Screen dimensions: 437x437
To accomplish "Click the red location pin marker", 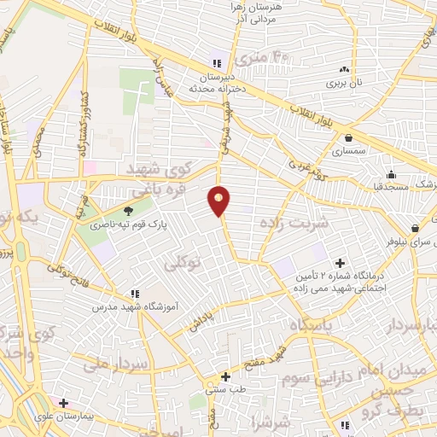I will [x=219, y=201].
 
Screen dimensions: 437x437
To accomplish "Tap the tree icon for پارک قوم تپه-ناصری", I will [x=128, y=212].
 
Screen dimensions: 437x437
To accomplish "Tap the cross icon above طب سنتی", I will [x=225, y=376].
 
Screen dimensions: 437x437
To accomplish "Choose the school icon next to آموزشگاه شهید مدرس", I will [x=134, y=294].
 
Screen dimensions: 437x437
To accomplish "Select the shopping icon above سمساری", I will [x=348, y=137].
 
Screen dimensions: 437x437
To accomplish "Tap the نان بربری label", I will [x=344, y=84].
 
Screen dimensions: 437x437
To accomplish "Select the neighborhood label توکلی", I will [x=184, y=266].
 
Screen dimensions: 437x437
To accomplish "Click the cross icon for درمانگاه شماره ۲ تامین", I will [x=340, y=263].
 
